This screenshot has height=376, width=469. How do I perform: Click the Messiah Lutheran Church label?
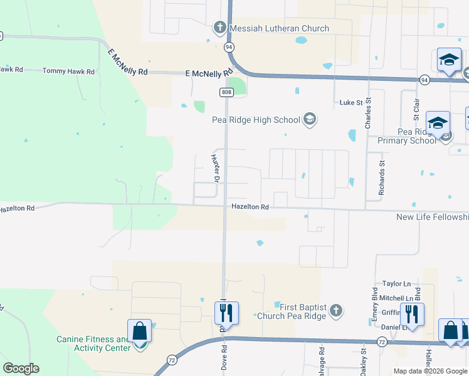coord(279,28)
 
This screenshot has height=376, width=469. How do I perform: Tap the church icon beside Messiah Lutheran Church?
coord(219,28)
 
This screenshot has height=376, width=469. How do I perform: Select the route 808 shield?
coord(226,92)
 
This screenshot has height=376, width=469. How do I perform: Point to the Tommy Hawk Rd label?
coord(68,71)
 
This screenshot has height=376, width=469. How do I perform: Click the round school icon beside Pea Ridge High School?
coord(309,118)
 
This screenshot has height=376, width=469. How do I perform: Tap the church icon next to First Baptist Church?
coord(337,310)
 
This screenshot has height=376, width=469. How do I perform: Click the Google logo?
coord(21,368)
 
